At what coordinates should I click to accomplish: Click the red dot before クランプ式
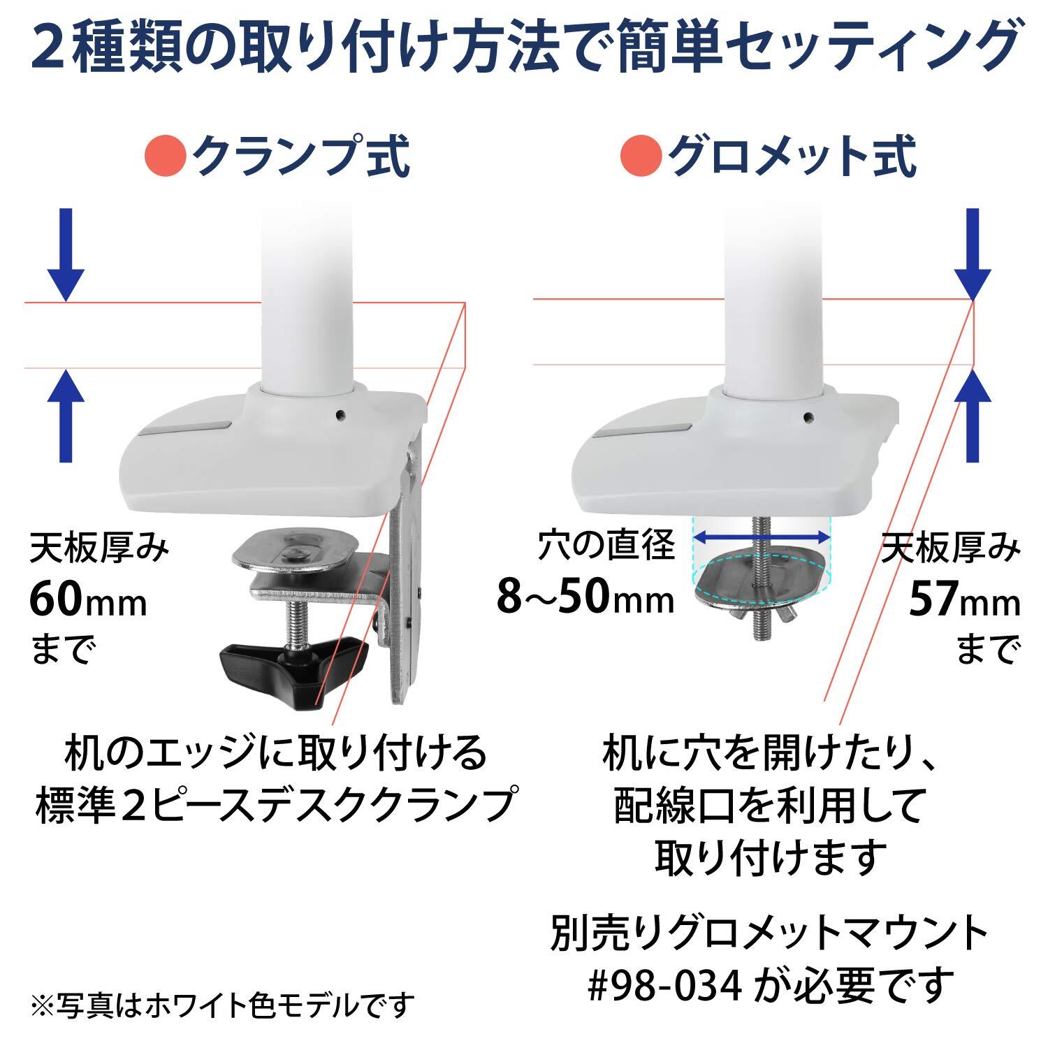(x=166, y=159)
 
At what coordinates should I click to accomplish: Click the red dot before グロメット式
(x=641, y=159)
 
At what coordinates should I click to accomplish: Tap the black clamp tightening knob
(x=293, y=667)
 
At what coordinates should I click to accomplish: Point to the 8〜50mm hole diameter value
(x=585, y=598)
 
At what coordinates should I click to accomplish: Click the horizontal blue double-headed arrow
(x=761, y=537)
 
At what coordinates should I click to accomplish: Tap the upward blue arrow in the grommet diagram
(x=973, y=416)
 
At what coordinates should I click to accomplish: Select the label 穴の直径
(x=606, y=545)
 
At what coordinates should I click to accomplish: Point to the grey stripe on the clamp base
(x=187, y=428)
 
